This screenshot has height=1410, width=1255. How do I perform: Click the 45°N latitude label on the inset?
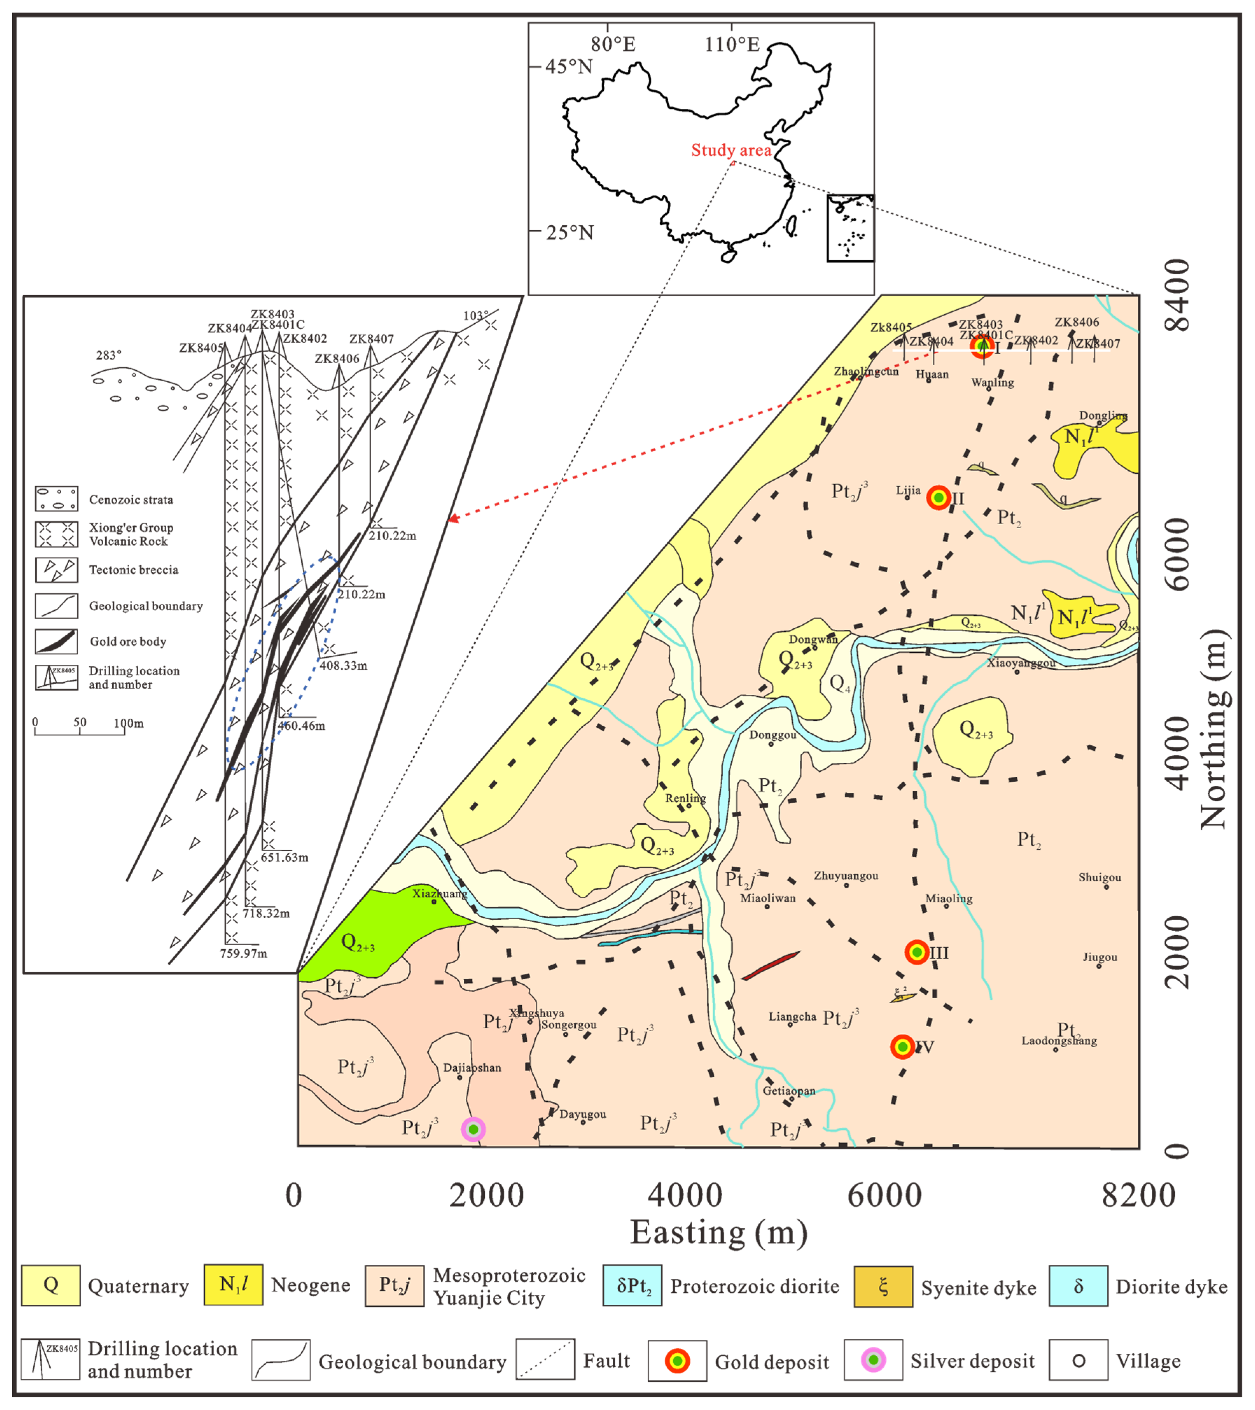pos(568,67)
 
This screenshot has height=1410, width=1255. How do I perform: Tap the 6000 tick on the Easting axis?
pos(884,1196)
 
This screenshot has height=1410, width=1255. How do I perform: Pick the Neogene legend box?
pos(233,1285)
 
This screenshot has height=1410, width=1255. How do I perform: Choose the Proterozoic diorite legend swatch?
pos(632,1285)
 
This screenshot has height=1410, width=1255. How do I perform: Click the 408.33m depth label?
pos(343,666)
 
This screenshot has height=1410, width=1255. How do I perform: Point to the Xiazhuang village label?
pos(440,893)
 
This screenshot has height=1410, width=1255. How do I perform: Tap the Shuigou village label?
pos(1100,877)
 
